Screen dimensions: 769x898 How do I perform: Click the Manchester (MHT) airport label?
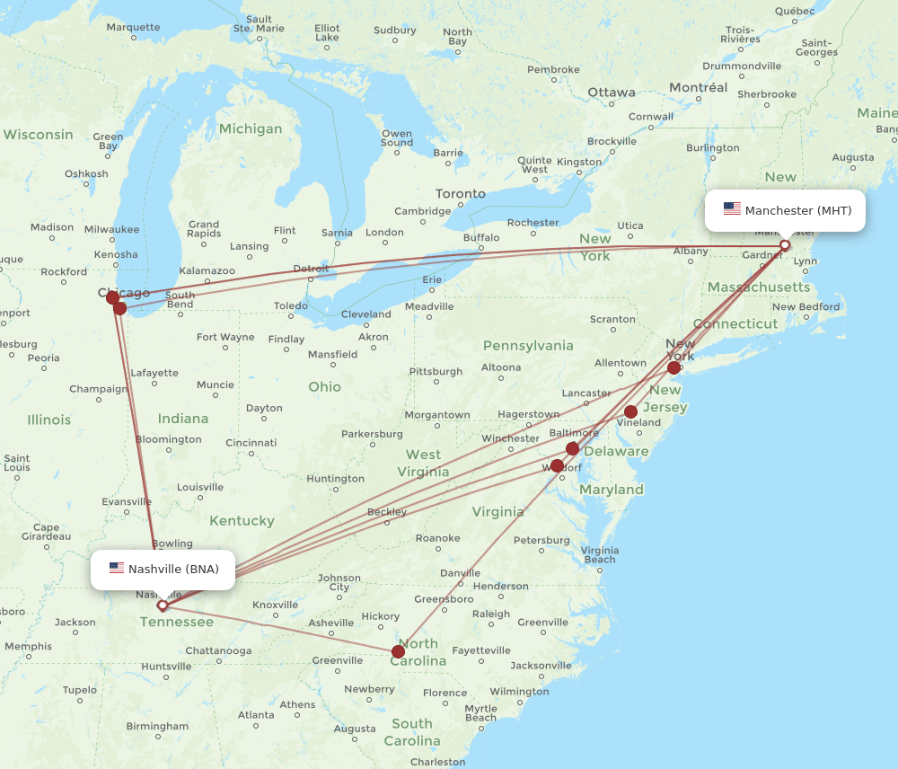(x=797, y=210)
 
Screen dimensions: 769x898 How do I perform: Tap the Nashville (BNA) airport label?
(x=173, y=569)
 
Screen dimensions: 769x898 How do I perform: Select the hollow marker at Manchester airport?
(x=785, y=245)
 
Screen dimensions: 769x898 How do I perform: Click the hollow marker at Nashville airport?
(x=163, y=605)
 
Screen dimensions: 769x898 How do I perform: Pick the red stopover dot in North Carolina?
(x=398, y=651)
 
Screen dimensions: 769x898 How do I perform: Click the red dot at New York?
(x=673, y=367)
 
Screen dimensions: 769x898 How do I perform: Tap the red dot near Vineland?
(x=630, y=411)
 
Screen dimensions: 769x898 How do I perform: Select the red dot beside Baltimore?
(x=572, y=448)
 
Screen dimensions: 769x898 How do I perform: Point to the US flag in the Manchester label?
(x=732, y=210)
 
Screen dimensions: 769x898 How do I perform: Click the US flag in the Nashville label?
(x=117, y=569)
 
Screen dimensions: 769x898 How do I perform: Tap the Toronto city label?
(x=460, y=194)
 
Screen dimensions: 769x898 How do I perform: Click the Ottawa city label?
(x=611, y=93)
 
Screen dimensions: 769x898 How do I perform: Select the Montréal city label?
(x=698, y=88)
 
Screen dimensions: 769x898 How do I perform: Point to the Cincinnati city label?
(x=251, y=443)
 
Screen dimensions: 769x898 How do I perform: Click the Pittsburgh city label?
(x=436, y=372)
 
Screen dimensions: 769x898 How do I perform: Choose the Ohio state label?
(x=324, y=386)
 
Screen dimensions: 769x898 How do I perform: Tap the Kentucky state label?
(x=242, y=521)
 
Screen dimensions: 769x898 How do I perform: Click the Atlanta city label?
(x=256, y=715)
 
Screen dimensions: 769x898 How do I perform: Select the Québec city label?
(x=794, y=12)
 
